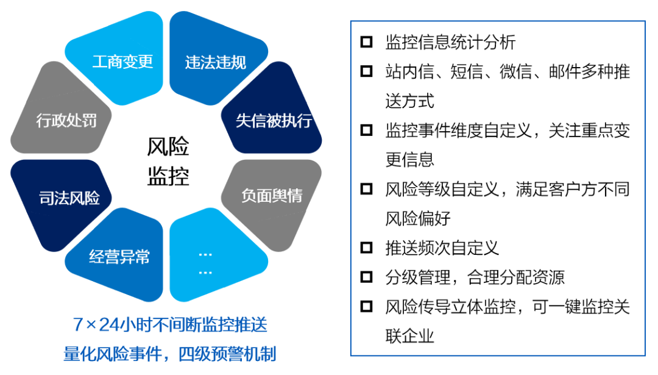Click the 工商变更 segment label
click(x=122, y=62)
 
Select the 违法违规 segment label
click(x=215, y=63)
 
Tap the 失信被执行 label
click(x=274, y=121)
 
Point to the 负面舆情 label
click(x=272, y=195)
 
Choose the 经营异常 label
click(x=119, y=257)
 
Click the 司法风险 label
click(x=69, y=198)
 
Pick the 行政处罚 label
click(x=66, y=121)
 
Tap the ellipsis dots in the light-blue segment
click(x=205, y=263)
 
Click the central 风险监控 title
click(x=168, y=161)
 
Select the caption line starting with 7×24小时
click(x=170, y=324)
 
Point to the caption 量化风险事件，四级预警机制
click(x=170, y=354)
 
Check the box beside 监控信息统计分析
click(x=366, y=42)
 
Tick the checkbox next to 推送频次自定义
click(x=366, y=248)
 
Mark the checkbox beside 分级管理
click(x=366, y=277)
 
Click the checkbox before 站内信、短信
click(x=366, y=71)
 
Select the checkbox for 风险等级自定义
click(x=366, y=189)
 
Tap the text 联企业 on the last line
click(x=409, y=336)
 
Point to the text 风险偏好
click(x=418, y=218)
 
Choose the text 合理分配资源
click(x=516, y=277)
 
